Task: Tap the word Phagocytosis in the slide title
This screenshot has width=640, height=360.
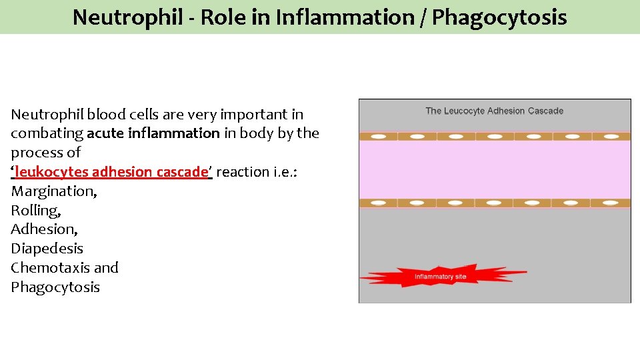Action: [x=499, y=17]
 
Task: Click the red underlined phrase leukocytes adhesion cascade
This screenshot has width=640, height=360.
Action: [x=111, y=172]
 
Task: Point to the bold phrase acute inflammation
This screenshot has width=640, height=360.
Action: [x=153, y=133]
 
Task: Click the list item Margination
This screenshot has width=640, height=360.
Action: [x=54, y=191]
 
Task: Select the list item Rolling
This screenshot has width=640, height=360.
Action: [x=35, y=211]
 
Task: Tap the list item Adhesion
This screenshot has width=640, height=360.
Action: [x=44, y=229]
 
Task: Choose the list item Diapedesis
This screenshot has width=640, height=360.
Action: [x=47, y=249]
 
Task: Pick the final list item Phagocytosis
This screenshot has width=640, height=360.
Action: [x=55, y=287]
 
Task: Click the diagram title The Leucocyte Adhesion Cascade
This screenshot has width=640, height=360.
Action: [x=494, y=111]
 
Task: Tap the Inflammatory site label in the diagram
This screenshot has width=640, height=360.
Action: [x=440, y=276]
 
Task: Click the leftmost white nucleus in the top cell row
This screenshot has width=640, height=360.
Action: [x=378, y=137]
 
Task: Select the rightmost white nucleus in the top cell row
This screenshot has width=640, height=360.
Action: [x=610, y=137]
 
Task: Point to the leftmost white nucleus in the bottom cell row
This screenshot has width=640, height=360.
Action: [x=378, y=203]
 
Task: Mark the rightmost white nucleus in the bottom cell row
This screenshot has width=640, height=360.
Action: [x=610, y=203]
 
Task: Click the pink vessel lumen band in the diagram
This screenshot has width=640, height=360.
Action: [x=494, y=169]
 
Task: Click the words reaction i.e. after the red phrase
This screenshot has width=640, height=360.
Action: [x=257, y=172]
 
